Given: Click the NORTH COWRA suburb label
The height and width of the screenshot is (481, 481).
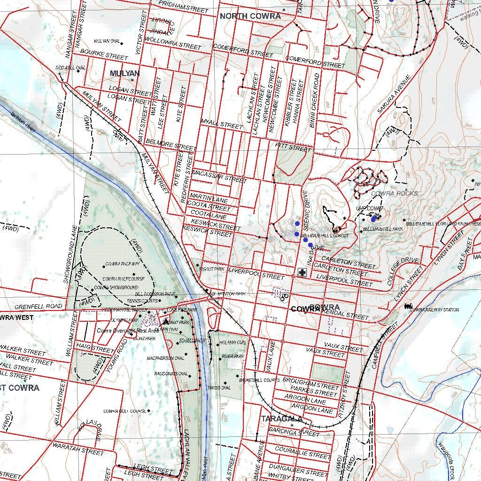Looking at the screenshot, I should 250,16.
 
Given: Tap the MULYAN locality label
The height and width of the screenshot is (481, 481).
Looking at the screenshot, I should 124,73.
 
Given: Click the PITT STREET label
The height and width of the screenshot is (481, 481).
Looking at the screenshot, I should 293,147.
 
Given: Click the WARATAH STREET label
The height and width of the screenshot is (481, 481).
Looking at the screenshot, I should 78,449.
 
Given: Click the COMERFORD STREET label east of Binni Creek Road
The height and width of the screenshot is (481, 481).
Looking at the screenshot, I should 315,62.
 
